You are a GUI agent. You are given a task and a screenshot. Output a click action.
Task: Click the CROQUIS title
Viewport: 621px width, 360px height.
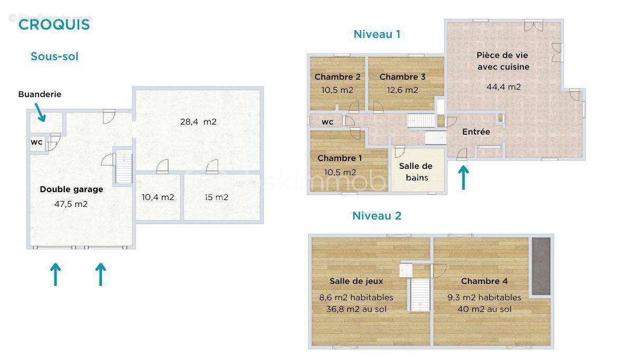coord(54,24)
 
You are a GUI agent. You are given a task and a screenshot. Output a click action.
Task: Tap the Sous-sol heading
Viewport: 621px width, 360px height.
coord(54,56)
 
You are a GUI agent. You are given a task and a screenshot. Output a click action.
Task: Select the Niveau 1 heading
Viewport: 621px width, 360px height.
coord(377,34)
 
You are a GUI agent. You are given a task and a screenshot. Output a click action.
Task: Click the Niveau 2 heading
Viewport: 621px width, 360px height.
coord(377,215)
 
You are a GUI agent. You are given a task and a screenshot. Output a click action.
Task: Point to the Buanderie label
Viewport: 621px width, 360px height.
coord(40,94)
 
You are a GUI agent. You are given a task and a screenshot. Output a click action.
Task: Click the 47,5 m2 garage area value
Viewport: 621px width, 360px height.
coord(71,204)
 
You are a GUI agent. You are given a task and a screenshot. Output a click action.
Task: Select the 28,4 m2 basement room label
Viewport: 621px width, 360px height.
coord(199,121)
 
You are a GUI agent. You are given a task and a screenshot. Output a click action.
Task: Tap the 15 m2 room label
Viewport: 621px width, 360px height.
coord(217,197)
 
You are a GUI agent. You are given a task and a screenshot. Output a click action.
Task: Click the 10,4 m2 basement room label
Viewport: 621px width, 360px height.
coord(158,197)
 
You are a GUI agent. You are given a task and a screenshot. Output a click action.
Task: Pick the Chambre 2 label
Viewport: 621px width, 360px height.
coord(337,77)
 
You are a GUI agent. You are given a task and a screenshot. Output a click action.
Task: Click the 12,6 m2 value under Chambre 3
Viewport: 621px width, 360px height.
coord(402,90)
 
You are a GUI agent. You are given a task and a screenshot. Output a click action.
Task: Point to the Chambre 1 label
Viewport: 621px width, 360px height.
coord(340,158)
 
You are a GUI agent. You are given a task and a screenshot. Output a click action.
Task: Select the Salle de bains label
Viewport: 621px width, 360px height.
coord(416,172)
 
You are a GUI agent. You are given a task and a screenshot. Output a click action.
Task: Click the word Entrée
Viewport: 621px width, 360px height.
coord(476,132)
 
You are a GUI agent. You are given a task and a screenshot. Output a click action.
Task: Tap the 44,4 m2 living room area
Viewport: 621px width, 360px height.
coord(503,87)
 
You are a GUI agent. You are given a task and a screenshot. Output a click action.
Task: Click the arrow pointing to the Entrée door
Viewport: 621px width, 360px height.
coord(463,178)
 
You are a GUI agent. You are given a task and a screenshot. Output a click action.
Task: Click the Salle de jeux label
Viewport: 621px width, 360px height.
coord(356,281)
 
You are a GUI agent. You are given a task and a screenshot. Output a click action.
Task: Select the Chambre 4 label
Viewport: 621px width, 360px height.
coord(484,281)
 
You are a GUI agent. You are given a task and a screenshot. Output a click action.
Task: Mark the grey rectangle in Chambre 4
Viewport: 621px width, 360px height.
coord(541,266)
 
